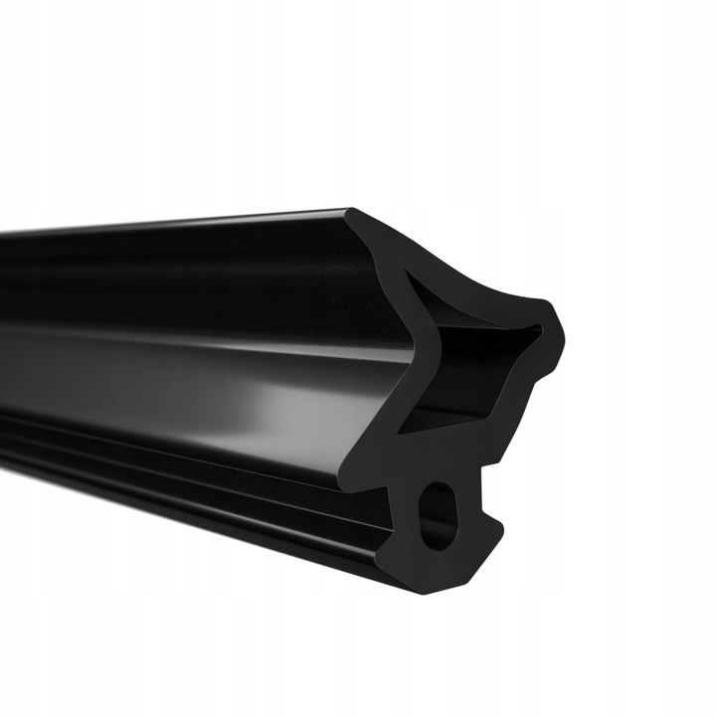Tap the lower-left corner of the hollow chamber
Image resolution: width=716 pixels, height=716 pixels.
click(410, 428)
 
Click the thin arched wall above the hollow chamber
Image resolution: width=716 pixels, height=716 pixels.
click(467, 288)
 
